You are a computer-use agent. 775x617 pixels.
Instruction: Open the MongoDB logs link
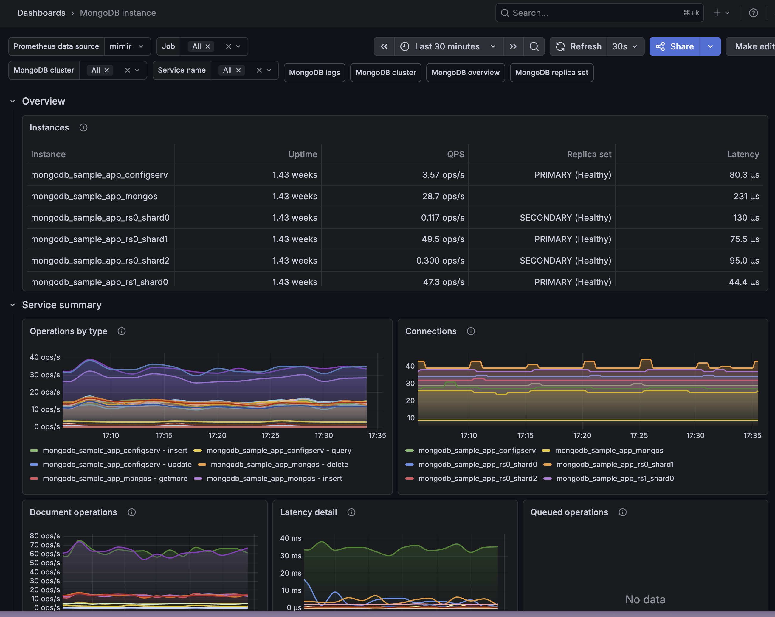(314, 73)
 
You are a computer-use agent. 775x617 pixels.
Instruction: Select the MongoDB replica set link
(551, 73)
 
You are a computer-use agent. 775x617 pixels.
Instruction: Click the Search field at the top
(599, 13)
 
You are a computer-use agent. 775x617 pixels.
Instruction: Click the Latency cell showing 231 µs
(746, 196)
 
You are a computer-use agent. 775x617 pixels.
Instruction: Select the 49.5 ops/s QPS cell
(443, 239)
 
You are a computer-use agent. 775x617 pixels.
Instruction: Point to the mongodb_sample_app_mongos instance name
(94, 196)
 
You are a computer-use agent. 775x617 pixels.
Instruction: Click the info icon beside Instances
(83, 127)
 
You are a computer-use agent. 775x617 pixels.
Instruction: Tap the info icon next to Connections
(471, 331)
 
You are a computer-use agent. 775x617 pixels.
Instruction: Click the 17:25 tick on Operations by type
(270, 435)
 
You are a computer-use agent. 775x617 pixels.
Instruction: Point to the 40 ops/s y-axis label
(45, 357)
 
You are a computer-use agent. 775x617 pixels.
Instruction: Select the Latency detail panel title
(309, 512)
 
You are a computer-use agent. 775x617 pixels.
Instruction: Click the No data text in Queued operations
(645, 599)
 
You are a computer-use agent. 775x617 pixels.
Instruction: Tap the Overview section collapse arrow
(13, 101)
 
